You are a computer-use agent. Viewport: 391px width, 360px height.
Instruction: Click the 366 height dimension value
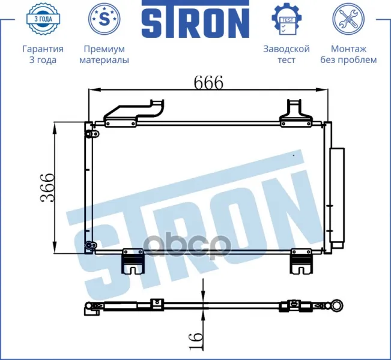tap(47, 188)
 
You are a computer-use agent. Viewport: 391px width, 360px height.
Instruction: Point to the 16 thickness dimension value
tap(196, 341)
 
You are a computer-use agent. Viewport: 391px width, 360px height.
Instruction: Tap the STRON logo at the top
tap(196, 20)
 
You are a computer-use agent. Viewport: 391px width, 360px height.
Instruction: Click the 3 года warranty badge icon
tap(43, 19)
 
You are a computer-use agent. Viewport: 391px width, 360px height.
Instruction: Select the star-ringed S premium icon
tap(105, 19)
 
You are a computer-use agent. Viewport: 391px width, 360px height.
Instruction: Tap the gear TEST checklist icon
tap(286, 19)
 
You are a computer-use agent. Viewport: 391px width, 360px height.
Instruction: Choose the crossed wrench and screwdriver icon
tap(348, 19)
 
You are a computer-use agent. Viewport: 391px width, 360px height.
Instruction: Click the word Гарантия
tap(43, 49)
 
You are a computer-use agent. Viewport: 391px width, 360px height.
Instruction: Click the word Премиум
tap(105, 49)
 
